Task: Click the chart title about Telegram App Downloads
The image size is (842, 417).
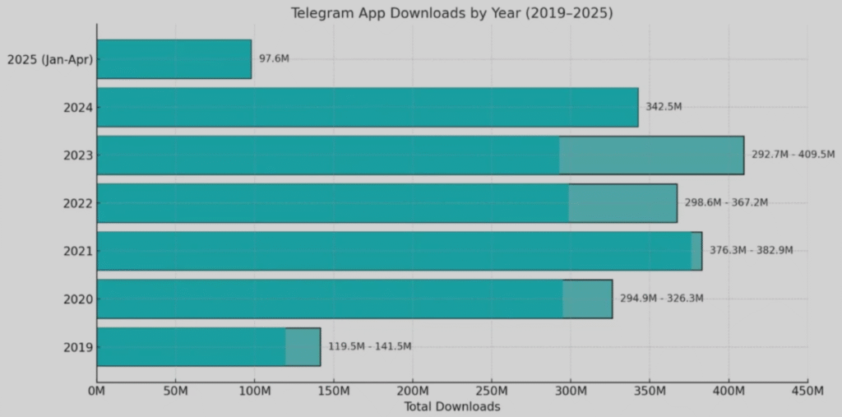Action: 451,13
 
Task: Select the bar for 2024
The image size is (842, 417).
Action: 367,107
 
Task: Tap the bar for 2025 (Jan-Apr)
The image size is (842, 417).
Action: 173,59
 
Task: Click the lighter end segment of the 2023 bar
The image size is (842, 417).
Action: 651,155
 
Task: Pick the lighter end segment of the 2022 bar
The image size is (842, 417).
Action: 622,203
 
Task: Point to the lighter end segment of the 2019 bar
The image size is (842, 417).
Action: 303,346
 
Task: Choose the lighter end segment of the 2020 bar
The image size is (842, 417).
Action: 587,299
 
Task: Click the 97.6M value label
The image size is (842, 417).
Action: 274,59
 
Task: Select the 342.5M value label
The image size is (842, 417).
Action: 664,107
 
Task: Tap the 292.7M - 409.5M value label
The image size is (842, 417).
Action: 793,155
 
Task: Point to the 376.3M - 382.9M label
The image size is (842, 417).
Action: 752,251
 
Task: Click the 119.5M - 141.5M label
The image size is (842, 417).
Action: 369,346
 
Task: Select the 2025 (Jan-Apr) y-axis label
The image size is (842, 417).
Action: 49,59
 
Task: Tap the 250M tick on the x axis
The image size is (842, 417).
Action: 491,392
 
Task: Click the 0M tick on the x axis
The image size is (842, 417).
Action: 97,392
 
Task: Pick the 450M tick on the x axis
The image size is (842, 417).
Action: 807,392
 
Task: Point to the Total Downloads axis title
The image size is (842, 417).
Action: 451,407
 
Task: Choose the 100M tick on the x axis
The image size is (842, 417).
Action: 254,392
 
